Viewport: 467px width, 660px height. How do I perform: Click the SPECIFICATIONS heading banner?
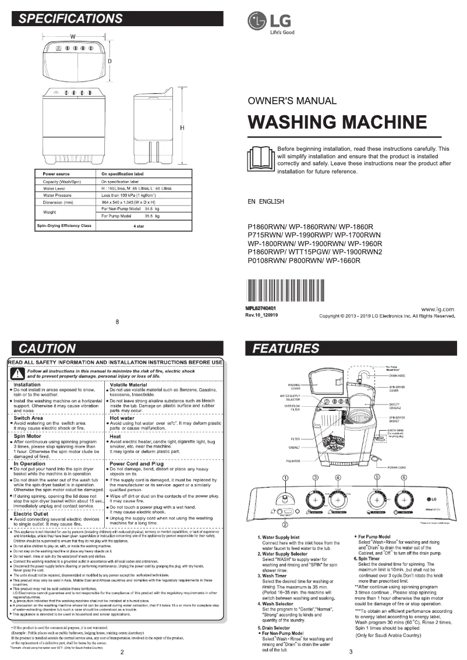pyautogui.click(x=117, y=19)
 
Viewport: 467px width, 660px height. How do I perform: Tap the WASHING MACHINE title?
pyautogui.click(x=337, y=122)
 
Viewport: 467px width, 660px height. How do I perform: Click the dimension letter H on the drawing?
pyautogui.click(x=182, y=127)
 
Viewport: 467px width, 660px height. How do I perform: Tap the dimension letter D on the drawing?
pyautogui.click(x=109, y=61)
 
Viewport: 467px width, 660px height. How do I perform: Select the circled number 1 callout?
pyautogui.click(x=285, y=478)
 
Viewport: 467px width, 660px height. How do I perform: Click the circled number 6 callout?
pyautogui.click(x=404, y=478)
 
